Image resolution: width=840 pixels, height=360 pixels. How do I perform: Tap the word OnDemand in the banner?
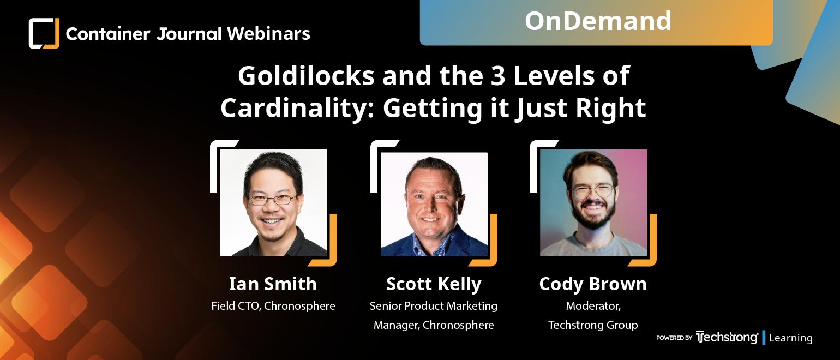pos(598,21)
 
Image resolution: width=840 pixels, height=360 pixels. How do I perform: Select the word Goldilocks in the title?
pos(306,76)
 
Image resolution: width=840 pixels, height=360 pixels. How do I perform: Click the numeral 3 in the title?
pos(498,76)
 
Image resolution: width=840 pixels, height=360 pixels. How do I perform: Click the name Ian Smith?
pos(273,284)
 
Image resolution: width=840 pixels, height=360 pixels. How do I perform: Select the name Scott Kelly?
pos(434,284)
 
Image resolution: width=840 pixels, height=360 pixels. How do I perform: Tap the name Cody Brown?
pos(593,284)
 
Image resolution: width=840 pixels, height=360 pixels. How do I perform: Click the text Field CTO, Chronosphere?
pos(273,306)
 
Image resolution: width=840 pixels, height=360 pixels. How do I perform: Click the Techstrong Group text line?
pos(593,325)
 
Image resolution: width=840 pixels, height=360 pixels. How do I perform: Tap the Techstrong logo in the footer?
pos(727,337)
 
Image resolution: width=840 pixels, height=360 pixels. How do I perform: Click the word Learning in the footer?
pos(790,338)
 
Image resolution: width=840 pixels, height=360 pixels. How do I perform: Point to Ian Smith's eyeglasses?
pos(273,200)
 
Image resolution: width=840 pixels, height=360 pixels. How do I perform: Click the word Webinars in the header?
pos(268,34)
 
